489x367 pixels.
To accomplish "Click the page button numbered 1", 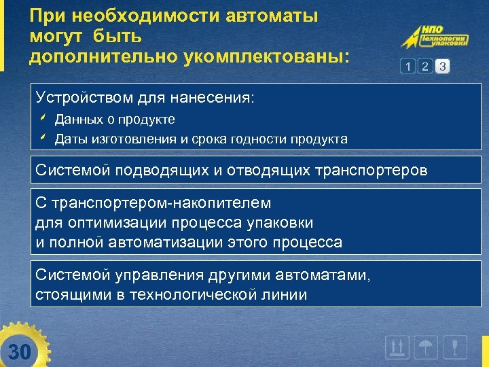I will tap(407, 67).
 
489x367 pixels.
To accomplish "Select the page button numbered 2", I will tap(425, 67).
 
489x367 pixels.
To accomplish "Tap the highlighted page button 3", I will tap(443, 67).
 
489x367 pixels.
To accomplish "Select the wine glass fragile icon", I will tap(458, 348).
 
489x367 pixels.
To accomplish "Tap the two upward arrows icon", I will tap(396, 348).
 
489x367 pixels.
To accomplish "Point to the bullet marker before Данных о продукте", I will tap(42, 119).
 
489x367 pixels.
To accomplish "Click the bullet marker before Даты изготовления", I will tap(42, 139).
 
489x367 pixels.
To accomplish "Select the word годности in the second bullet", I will tap(261, 139).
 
